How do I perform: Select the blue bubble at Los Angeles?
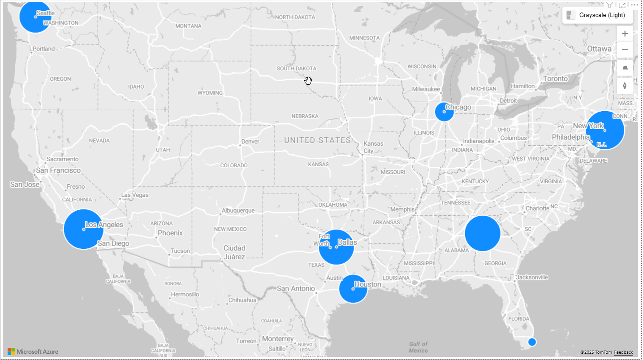point(83,229)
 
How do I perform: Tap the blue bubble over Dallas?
point(336,247)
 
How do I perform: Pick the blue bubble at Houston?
point(353,289)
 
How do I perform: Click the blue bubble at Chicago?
point(444,112)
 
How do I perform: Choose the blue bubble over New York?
point(605,130)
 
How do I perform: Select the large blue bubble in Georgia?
point(482,233)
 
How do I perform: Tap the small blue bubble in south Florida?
point(532,342)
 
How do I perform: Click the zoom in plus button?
point(625,34)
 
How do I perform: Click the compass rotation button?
point(625,86)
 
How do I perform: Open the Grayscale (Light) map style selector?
point(597,15)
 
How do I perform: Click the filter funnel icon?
point(609,5)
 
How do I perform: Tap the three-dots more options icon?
point(634,5)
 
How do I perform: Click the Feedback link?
point(623,352)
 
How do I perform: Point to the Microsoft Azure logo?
point(33,351)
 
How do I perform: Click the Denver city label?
point(250,142)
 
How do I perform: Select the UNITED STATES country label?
point(317,140)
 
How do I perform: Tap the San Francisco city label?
point(58,170)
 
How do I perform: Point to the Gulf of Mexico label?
point(418,347)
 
